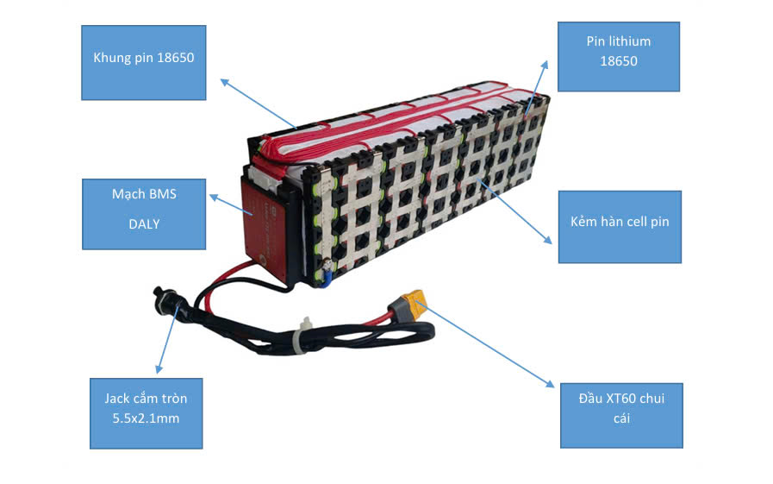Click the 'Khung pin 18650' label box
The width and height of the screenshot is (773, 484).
point(144,62)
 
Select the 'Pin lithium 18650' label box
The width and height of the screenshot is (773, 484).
point(618,57)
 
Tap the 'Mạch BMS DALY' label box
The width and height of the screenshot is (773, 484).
point(143,214)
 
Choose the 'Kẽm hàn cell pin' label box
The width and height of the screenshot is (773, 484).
point(620,226)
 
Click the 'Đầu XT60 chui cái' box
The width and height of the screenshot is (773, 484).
point(621,416)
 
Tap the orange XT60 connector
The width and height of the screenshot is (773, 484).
point(409,304)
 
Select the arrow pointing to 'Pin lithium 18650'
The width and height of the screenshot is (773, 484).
point(536,86)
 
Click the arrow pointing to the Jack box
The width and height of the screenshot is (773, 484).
point(166,341)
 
